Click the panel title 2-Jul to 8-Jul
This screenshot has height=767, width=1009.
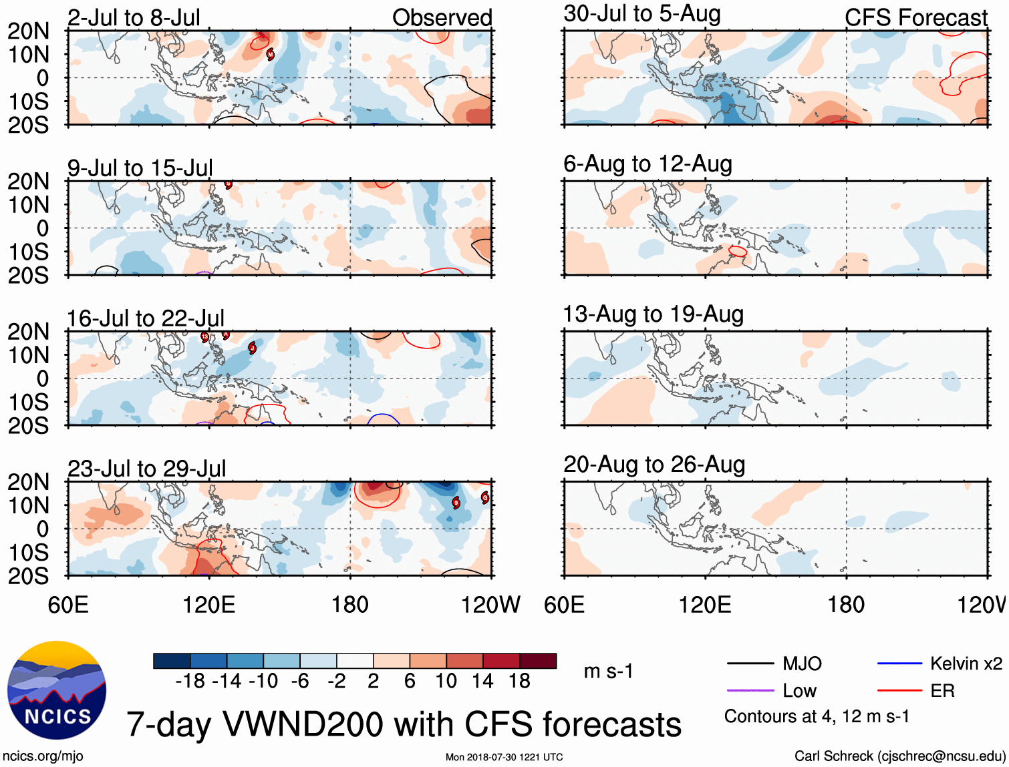pyautogui.click(x=134, y=17)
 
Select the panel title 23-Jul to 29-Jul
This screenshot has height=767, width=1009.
pyautogui.click(x=146, y=469)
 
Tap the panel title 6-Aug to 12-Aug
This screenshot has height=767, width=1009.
pyautogui.click(x=647, y=164)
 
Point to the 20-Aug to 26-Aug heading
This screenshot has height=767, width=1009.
pyautogui.click(x=654, y=465)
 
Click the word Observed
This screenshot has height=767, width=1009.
pyautogui.click(x=442, y=17)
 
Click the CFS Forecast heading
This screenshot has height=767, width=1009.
pyautogui.click(x=915, y=17)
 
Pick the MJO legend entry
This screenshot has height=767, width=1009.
pyautogui.click(x=802, y=664)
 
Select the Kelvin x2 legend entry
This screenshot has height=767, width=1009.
pyautogui.click(x=966, y=664)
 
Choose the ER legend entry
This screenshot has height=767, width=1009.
pyautogui.click(x=942, y=691)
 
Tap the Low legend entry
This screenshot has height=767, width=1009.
pyautogui.click(x=799, y=691)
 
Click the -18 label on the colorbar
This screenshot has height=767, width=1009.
pyautogui.click(x=190, y=681)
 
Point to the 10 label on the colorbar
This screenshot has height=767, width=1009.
pyautogui.click(x=446, y=681)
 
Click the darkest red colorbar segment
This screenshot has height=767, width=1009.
pyautogui.click(x=538, y=661)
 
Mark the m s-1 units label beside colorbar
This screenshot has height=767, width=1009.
pyautogui.click(x=608, y=671)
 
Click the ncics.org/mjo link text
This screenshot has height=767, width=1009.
pyautogui.click(x=43, y=756)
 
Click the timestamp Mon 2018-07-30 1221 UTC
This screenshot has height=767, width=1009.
pyautogui.click(x=504, y=757)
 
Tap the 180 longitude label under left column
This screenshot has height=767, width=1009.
pyautogui.click(x=350, y=605)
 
